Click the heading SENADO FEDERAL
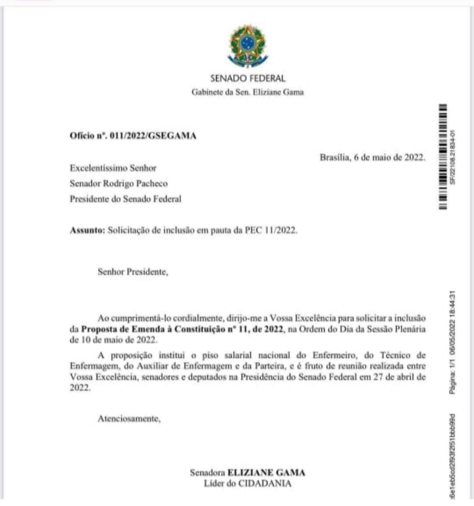(x=248, y=78)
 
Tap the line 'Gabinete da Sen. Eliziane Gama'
(x=248, y=92)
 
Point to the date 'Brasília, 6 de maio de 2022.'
(x=372, y=156)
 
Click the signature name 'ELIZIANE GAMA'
(x=266, y=473)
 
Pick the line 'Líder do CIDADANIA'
(x=248, y=484)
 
